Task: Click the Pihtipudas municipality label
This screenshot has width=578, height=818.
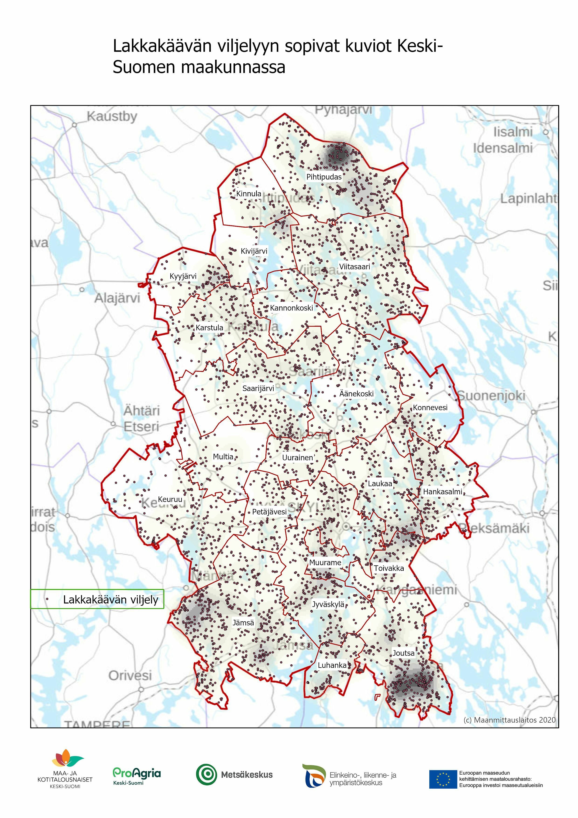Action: [x=324, y=177]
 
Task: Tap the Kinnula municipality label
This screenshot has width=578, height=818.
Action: [x=249, y=194]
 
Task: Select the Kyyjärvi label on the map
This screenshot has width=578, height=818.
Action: [x=183, y=276]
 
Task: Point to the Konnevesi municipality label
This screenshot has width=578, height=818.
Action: [x=430, y=408]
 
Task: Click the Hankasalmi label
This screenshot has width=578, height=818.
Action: [x=442, y=492]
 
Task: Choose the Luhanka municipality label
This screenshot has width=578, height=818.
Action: [x=332, y=665]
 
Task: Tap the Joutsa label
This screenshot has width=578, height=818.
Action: [x=403, y=653]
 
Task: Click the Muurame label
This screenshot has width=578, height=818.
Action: [x=325, y=563]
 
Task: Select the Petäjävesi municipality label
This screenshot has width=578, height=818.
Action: [x=269, y=512]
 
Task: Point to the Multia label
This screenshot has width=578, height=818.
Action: [x=223, y=457]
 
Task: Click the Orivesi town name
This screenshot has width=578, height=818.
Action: [x=130, y=675]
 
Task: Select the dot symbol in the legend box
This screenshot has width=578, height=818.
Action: [x=47, y=600]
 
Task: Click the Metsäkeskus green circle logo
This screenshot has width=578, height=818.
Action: [x=206, y=775]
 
